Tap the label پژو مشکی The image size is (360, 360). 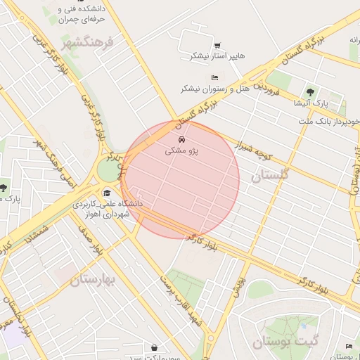182,150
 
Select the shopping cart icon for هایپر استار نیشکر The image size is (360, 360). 217,45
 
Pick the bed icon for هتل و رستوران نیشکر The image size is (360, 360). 214,77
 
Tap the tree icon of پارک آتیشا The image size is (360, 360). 310,91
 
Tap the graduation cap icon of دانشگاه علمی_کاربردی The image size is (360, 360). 107,193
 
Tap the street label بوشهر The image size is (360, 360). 238,286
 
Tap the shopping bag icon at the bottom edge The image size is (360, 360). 154,347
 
